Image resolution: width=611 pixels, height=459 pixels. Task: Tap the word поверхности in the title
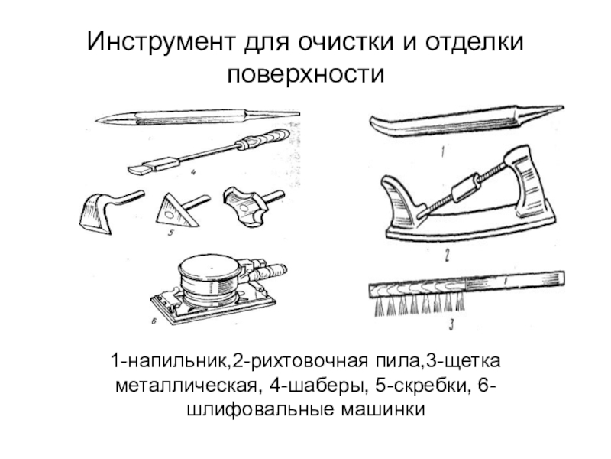click(x=305, y=75)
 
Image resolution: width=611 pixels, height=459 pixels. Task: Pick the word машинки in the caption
click(x=386, y=409)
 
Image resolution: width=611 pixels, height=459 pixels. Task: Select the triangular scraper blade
click(x=176, y=209)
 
